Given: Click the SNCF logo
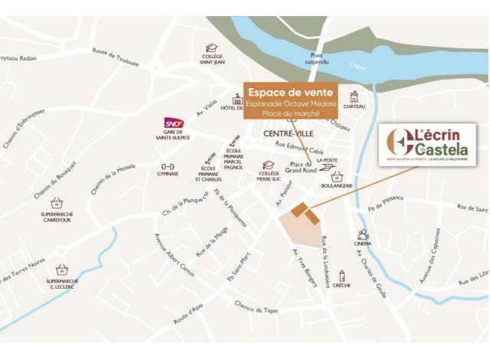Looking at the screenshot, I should pyautogui.click(x=175, y=123).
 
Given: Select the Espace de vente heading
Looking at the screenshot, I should pyautogui.click(x=290, y=90).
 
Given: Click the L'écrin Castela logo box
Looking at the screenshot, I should pyautogui.click(x=429, y=143).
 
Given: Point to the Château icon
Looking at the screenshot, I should pyautogui.click(x=354, y=97).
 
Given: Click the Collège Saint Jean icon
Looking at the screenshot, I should pyautogui.click(x=212, y=47).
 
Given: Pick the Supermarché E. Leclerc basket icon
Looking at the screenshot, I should pyautogui.click(x=62, y=270).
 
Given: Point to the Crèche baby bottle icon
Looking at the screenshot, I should pyautogui.click(x=342, y=276).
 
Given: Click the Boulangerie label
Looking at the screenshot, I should pyautogui.click(x=337, y=185).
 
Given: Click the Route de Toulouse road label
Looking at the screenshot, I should pyautogui.click(x=116, y=57).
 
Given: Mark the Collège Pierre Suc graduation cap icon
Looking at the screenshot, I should pyautogui.click(x=268, y=165).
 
